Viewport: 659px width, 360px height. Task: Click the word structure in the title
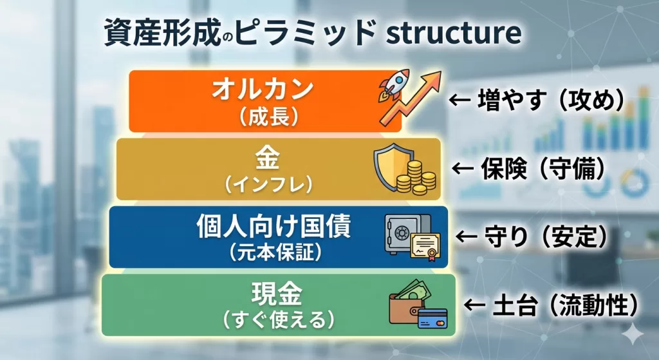(x=454, y=32)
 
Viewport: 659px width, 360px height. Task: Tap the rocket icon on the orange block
(x=394, y=86)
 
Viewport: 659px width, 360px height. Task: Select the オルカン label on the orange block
(x=263, y=89)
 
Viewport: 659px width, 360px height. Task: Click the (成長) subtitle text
(x=269, y=117)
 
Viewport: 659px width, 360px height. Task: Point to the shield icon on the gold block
(x=390, y=166)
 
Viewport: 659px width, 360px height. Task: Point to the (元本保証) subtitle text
(x=276, y=252)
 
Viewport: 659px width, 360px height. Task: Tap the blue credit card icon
(x=432, y=319)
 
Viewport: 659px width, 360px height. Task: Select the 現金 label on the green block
(x=277, y=294)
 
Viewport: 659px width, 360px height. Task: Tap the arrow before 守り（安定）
(x=467, y=236)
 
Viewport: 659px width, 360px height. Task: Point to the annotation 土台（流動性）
(x=565, y=305)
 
